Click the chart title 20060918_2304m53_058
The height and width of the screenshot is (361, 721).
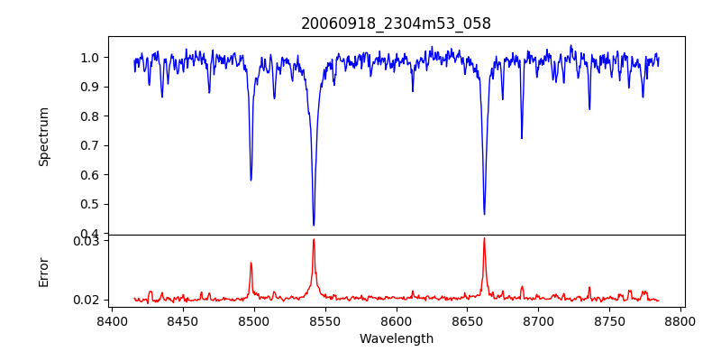coord(396,23)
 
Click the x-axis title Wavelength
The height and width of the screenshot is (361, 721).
coord(396,338)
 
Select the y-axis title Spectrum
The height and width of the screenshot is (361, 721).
coord(44,136)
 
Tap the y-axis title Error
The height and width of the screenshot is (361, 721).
coord(44,272)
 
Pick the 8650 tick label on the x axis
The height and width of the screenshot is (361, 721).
coord(467,320)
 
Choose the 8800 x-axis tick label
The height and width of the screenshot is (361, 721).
coord(680,320)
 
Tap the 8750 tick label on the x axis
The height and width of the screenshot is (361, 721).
coord(609,320)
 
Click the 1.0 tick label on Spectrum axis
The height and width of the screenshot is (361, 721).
coord(89,58)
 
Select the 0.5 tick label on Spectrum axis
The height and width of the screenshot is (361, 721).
coord(89,204)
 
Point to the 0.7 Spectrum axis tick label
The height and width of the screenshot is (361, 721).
coord(89,145)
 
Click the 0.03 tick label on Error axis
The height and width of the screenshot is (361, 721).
coord(86,241)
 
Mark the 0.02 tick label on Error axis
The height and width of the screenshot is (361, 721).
coord(86,300)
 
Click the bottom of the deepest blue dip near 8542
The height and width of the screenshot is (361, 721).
coord(314,225)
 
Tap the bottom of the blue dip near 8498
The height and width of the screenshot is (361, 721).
coord(251,180)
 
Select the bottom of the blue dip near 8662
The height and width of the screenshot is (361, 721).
coord(484,214)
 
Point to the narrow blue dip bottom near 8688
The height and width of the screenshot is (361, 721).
coord(521,138)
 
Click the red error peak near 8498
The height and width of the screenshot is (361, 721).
coord(251,263)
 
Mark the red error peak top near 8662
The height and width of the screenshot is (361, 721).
coord(484,238)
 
